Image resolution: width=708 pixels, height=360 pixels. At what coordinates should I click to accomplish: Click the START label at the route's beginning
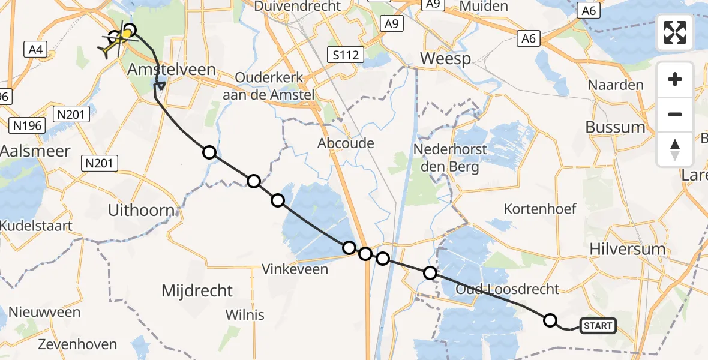point(598,326)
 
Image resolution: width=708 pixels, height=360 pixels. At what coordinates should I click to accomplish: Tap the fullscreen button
point(675,32)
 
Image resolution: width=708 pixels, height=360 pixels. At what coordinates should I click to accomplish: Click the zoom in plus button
point(675,79)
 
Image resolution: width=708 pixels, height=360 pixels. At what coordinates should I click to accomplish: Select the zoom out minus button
point(675,114)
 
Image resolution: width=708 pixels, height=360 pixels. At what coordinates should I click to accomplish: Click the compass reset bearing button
point(675,149)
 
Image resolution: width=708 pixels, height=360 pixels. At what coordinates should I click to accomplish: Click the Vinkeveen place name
point(295,269)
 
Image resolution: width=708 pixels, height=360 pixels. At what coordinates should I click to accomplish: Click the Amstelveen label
point(171,70)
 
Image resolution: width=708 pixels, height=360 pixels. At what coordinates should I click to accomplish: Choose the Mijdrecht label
point(197,291)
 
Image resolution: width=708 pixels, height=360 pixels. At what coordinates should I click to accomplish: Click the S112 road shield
point(347,56)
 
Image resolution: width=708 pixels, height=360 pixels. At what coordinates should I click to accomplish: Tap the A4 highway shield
point(35,50)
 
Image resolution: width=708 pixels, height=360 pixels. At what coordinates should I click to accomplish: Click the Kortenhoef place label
point(540,209)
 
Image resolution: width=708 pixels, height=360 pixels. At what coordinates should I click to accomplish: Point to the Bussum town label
point(616,127)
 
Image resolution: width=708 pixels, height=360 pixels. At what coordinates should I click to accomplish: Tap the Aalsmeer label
point(35,150)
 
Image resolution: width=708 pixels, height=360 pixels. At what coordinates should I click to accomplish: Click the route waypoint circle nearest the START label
point(550,320)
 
